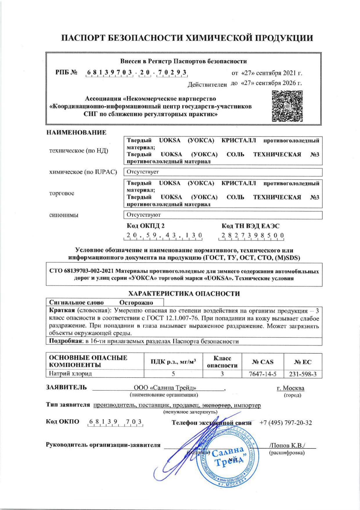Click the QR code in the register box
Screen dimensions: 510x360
(x=287, y=106)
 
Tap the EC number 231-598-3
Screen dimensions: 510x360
(x=303, y=374)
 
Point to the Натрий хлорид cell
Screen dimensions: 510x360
(x=71, y=374)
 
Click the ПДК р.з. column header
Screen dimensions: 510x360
(x=173, y=362)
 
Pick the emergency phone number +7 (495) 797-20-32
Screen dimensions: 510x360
(x=286, y=423)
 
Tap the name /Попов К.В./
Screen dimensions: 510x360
(x=288, y=445)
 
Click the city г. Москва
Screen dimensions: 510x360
(x=290, y=388)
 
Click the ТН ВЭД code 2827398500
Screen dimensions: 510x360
(x=251, y=235)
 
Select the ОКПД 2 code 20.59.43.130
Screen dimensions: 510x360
(x=163, y=235)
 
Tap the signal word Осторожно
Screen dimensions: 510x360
(x=136, y=303)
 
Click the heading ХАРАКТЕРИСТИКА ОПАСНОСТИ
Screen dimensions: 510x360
(x=184, y=294)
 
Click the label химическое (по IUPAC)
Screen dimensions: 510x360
(x=83, y=172)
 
